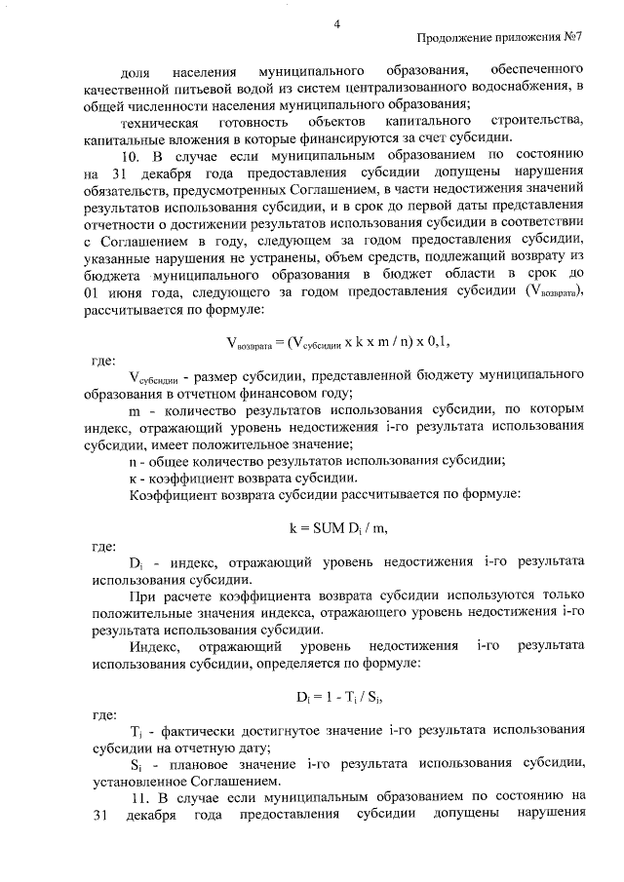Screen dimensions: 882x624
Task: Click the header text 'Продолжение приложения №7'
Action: pyautogui.click(x=499, y=39)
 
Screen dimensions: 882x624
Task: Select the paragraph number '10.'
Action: pyautogui.click(x=133, y=154)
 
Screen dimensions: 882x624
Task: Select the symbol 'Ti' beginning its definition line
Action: pyautogui.click(x=136, y=731)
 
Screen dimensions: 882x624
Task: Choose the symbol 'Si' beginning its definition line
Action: pyautogui.click(x=136, y=764)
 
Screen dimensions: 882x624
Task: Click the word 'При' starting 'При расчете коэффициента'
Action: pyautogui.click(x=142, y=595)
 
